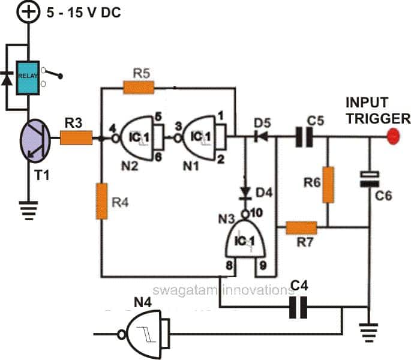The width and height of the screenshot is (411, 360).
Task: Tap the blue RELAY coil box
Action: click(28, 77)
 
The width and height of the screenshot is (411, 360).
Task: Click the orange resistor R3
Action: click(76, 139)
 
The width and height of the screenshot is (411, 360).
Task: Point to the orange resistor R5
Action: click(139, 89)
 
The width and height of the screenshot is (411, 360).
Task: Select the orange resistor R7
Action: click(301, 227)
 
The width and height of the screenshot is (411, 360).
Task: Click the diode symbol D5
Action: click(260, 137)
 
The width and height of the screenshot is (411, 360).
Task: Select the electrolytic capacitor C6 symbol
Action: click(368, 178)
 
